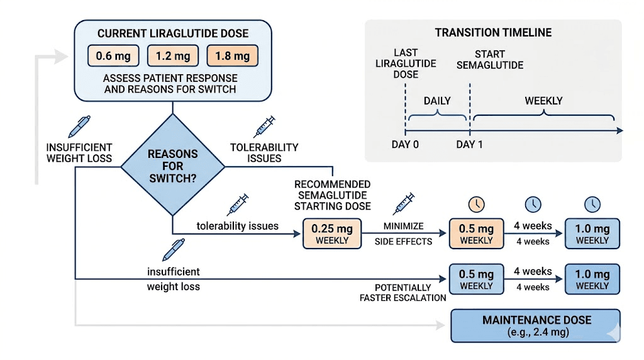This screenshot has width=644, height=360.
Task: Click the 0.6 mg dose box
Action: (x=114, y=56)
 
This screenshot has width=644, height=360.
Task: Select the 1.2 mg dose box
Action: (x=173, y=56)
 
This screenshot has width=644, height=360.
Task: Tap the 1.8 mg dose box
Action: (x=233, y=56)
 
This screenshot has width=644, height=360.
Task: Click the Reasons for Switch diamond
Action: (x=172, y=166)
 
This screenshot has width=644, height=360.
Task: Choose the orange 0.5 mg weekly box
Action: (x=477, y=233)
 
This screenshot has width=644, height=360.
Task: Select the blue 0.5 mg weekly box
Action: (x=477, y=279)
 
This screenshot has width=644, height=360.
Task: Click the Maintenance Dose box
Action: (x=536, y=325)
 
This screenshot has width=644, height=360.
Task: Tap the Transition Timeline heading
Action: (x=493, y=33)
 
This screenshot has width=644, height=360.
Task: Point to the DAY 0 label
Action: (x=405, y=144)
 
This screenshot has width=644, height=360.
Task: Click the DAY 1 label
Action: (x=470, y=144)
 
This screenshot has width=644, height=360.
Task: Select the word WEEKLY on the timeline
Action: (x=543, y=101)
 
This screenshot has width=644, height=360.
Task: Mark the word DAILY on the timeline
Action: (x=437, y=101)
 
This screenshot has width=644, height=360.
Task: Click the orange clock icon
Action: (x=477, y=204)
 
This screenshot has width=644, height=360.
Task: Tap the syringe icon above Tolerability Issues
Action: (x=264, y=126)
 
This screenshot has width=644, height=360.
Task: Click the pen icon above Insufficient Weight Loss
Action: (x=79, y=126)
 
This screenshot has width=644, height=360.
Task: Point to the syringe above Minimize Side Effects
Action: (x=404, y=204)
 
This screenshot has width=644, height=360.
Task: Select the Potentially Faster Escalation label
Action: (x=403, y=293)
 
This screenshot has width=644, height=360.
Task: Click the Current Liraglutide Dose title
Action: (x=173, y=33)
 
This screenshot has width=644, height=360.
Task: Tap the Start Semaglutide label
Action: (x=499, y=59)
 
